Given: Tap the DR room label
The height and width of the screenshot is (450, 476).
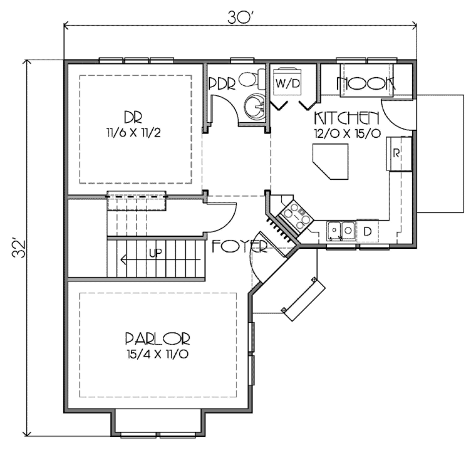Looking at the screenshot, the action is pos(133,117).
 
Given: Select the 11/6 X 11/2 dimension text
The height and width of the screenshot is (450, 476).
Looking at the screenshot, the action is pos(133,133).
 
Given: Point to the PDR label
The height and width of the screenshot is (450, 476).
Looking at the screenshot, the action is pos(222,84).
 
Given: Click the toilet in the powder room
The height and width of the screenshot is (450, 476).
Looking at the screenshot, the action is pos(252,79).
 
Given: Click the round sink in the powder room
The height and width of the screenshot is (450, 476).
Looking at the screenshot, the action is pos(255,106).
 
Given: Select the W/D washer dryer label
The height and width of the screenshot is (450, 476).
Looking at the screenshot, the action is pos(287,83).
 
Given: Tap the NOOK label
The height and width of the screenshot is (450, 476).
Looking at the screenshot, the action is pos(365,83).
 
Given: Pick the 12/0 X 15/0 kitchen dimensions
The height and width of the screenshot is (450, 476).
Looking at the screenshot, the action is pos(347,133).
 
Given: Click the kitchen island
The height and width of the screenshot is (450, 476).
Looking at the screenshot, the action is pos(331,161).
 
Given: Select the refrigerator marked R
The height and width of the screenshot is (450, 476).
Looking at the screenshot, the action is pos(398,154).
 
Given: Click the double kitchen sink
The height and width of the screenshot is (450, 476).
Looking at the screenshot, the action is pos(341,231).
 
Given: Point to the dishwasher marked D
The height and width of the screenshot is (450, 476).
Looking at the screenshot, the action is pos(367,231).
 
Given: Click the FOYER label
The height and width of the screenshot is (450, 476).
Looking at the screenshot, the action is pos(239,246).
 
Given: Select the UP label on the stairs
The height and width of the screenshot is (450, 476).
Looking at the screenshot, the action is pos(155,253).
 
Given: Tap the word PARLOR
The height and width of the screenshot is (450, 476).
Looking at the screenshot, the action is pos(158,338).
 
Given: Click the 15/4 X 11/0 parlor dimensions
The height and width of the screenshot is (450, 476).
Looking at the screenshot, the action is pos(158,354).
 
